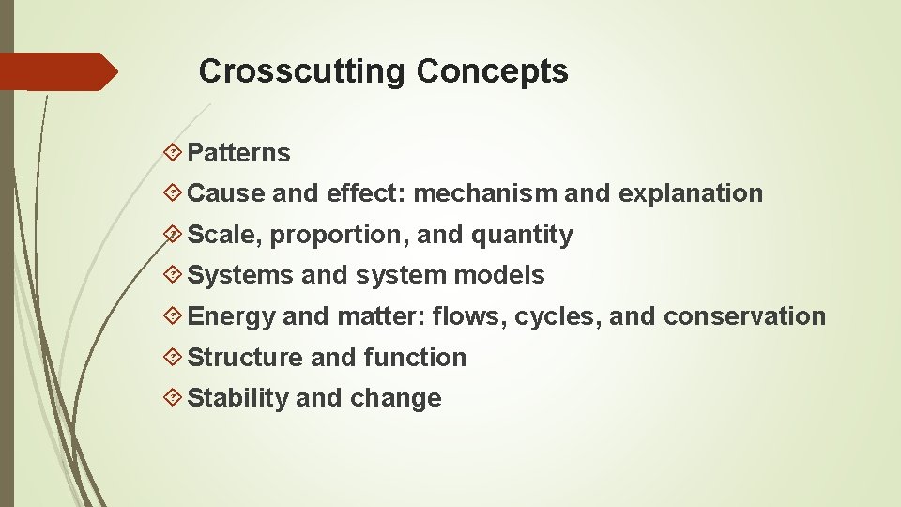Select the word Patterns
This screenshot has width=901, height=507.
239,153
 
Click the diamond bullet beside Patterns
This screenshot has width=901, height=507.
173,152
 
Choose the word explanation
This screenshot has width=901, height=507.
690,193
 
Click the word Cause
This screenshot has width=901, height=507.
226,193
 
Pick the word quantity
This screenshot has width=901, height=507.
522,236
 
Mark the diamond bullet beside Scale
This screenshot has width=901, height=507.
173,234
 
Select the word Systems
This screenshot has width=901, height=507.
241,276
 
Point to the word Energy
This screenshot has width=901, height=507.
232,317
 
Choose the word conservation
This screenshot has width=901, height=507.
744,316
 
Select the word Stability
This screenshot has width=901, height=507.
238,399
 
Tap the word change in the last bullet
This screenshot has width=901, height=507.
395,398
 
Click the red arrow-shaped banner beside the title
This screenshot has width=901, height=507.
56,71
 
